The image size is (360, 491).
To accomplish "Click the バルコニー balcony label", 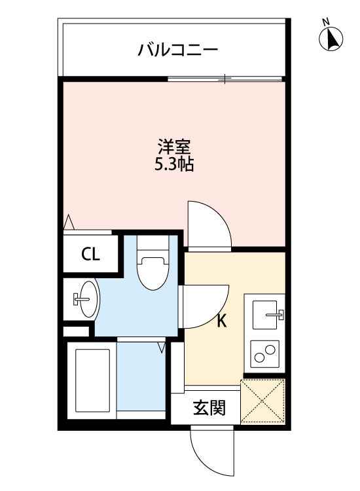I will pos(177,49).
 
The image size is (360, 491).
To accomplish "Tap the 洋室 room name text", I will pos(173,146).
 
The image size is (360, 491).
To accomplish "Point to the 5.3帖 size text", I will pos(173,164).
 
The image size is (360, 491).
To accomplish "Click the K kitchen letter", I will pos(222,321).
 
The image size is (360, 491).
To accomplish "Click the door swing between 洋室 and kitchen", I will pos(208,224).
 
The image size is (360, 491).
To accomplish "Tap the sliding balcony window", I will pos(226,79).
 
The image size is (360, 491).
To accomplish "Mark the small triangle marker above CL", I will pos(68,223).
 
